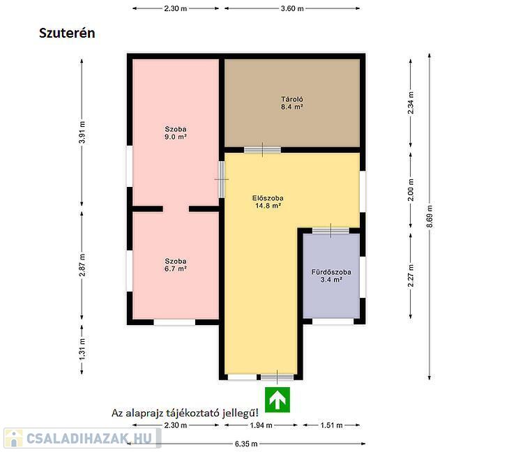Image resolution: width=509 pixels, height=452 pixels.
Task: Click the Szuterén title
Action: coord(67,33)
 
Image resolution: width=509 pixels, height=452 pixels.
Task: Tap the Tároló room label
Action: coord(292,99)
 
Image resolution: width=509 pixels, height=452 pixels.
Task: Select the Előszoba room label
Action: coord(268,198)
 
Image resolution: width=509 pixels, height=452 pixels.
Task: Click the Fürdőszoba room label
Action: coord(331,272)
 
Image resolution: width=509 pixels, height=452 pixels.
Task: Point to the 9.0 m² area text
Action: coord(175,137)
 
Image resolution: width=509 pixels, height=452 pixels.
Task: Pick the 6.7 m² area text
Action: coord(175,269)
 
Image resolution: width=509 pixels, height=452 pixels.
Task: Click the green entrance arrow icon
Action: coord(278,400)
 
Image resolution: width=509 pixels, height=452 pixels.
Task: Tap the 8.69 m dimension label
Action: coord(430,216)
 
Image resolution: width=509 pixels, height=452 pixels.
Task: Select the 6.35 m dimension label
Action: coord(246,444)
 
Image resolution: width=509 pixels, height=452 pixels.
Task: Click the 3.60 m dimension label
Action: coord(292,9)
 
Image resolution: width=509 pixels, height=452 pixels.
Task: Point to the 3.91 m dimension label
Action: coord(82,132)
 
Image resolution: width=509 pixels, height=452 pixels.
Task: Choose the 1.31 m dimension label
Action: coord(82,349)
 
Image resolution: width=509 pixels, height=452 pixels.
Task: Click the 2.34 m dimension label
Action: coord(411,103)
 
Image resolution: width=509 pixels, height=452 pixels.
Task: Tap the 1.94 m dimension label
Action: coord(261,425)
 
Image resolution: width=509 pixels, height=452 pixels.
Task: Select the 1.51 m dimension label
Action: coord(331,425)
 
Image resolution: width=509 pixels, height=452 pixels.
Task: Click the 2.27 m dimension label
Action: coord(411,276)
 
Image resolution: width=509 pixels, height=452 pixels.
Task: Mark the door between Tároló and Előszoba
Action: coord(262,150)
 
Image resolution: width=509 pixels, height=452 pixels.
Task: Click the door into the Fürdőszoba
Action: coord(331,231)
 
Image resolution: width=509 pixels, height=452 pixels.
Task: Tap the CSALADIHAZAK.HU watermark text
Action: coord(89,438)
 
